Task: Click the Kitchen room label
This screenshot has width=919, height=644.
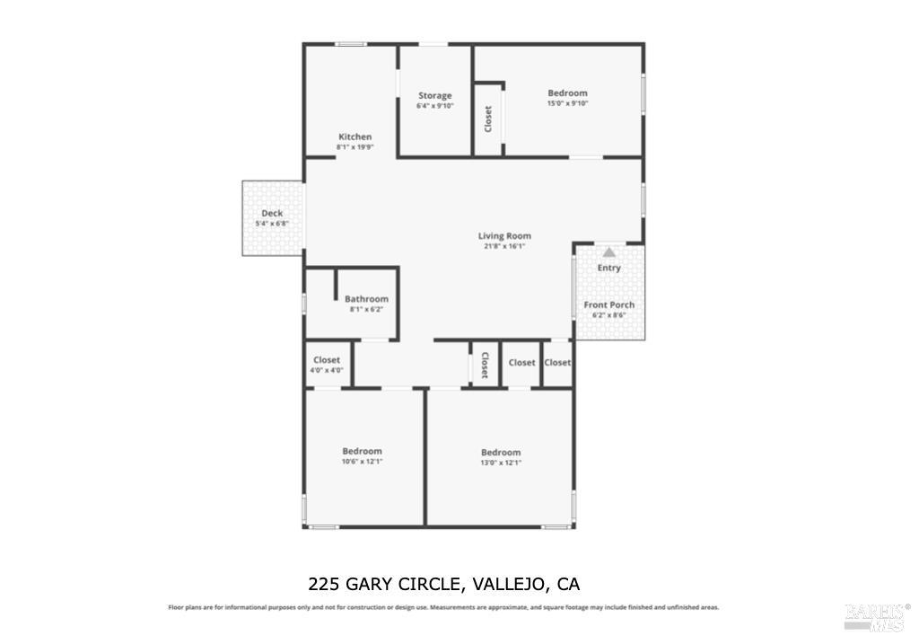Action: [354, 137]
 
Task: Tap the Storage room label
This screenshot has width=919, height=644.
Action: [434, 95]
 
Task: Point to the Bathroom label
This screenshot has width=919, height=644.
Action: [366, 299]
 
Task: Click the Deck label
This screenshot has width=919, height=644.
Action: [272, 213]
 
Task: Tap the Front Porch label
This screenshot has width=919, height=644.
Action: [609, 305]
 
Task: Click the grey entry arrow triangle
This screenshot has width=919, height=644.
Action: [609, 252]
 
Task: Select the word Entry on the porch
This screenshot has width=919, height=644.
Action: [609, 268]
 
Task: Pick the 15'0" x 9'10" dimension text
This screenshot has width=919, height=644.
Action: [567, 103]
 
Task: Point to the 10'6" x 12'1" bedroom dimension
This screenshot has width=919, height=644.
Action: [362, 462]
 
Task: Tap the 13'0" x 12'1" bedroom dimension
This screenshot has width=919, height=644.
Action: [501, 463]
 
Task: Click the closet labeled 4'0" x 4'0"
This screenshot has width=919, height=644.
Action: [327, 360]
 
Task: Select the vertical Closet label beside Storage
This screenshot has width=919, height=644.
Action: [488, 119]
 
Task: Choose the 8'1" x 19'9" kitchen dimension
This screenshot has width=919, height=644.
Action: [354, 147]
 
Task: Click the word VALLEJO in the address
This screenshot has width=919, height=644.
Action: [509, 585]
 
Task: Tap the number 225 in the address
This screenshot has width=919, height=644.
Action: [324, 585]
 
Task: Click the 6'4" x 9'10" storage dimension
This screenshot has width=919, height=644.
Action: [434, 105]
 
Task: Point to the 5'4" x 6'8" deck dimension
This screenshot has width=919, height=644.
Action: [272, 223]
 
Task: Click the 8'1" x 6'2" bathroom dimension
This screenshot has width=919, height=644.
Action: [366, 309]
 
